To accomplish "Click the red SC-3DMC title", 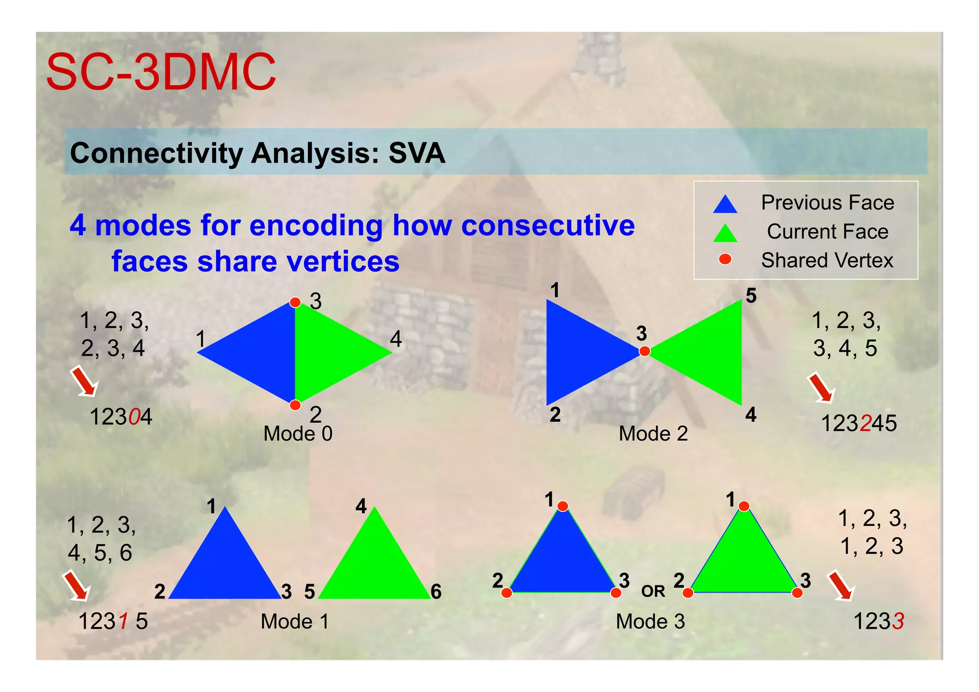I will coord(161,73).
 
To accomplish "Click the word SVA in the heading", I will coord(416,153).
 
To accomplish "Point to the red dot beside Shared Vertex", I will coord(725,259).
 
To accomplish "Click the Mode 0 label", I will coord(297,434).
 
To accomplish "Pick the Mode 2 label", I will coord(653,434).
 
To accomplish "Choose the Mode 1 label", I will coord(294,621).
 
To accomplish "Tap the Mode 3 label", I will coord(650,621).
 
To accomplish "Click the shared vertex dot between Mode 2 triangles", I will coord(644,351).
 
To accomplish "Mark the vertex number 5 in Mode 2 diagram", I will coord(751,296).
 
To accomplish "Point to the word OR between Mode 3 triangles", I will coord(653,592).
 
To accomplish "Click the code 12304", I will coord(121,417).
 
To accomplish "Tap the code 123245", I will coord(859,424).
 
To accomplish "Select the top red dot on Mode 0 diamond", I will coord(295,303).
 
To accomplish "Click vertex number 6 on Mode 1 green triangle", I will coord(435,592).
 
